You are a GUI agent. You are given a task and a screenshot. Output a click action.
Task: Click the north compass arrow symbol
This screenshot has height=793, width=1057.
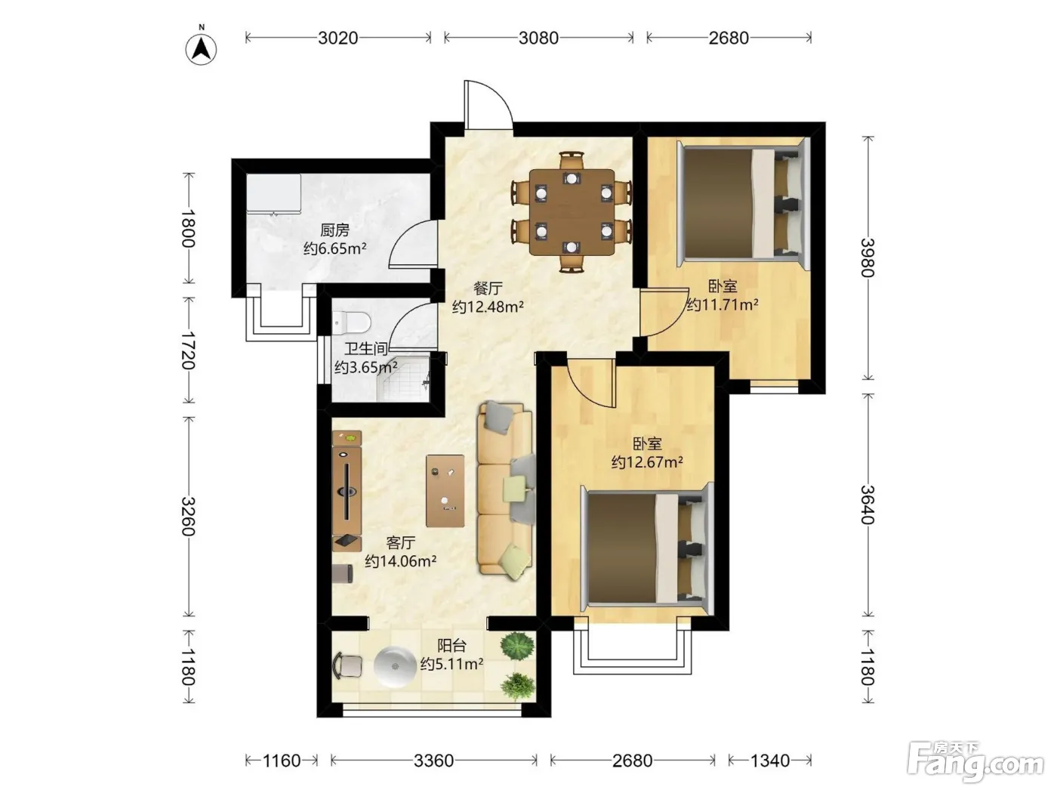click(x=202, y=49)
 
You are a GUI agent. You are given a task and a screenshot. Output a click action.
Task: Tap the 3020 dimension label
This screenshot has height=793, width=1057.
click(x=337, y=38)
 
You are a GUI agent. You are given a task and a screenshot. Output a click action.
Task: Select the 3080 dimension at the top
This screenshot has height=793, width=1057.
click(x=538, y=38)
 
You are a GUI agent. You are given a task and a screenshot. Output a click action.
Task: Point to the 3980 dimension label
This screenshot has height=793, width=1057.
click(x=867, y=258)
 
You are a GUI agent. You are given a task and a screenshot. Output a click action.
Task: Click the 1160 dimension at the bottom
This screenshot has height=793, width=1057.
click(x=282, y=761)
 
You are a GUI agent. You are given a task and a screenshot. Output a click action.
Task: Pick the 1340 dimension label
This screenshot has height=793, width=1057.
click(x=770, y=761)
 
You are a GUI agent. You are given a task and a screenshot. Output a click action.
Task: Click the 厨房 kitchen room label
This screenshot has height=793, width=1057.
click(x=334, y=230)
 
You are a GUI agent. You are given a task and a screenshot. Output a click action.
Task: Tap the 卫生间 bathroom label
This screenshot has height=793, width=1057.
click(x=366, y=349)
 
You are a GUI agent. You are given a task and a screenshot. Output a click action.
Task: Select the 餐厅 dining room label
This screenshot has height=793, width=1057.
click(x=488, y=289)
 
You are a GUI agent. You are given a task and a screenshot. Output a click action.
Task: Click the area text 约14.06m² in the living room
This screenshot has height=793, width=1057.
click(x=401, y=561)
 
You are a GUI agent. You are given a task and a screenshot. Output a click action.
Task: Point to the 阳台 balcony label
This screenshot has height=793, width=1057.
click(x=451, y=645)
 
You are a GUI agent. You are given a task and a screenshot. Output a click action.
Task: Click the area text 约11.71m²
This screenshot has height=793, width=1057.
click(x=723, y=305)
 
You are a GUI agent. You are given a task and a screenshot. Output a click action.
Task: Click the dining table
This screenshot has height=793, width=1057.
click(x=572, y=212)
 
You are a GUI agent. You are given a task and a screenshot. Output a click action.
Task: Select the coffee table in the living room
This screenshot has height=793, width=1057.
click(x=445, y=491)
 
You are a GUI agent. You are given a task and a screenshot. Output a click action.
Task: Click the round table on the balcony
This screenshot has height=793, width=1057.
click(x=395, y=666)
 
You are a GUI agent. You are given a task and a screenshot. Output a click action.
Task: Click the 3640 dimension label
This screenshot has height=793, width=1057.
click(x=867, y=504)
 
